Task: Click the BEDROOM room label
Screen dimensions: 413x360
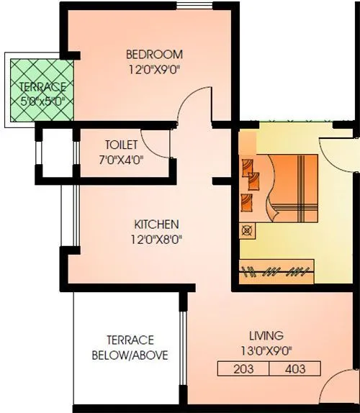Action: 154,54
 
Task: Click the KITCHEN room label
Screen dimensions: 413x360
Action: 156,224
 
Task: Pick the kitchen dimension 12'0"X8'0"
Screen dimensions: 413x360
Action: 156,239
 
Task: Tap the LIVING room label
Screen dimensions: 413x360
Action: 266,335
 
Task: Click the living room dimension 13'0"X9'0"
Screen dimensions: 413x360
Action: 266,351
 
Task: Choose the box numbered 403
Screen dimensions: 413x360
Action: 294,370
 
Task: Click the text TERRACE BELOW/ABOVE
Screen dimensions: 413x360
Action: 130,348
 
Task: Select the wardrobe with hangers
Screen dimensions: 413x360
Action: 277,271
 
